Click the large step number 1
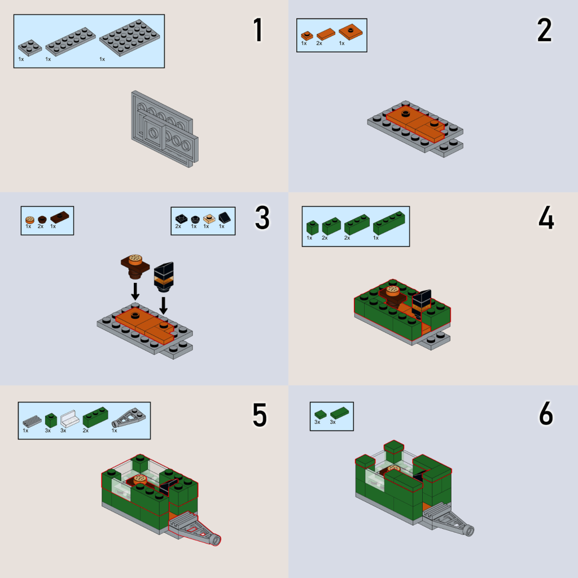(x=258, y=30)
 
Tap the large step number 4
(x=546, y=218)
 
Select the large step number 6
(x=546, y=414)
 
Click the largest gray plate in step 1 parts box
(x=129, y=38)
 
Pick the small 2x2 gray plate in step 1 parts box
(x=30, y=47)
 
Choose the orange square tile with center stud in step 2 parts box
(x=351, y=32)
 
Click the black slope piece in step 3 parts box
(x=224, y=218)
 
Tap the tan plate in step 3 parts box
(x=209, y=219)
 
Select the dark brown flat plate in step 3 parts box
(x=60, y=217)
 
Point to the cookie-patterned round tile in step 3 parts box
(x=30, y=220)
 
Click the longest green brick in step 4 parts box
(x=389, y=222)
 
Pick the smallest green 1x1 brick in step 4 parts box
(x=312, y=227)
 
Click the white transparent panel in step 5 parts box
(x=69, y=419)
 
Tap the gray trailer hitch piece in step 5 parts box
(x=129, y=418)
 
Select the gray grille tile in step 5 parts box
(x=32, y=421)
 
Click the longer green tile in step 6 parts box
(x=339, y=413)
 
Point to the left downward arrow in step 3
(x=135, y=291)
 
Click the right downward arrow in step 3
(x=163, y=305)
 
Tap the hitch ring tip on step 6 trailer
(x=470, y=531)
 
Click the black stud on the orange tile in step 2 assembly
(x=406, y=113)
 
